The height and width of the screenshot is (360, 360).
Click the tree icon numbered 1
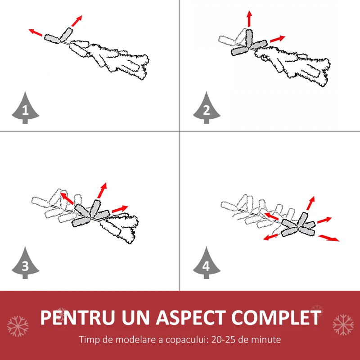tap(25, 108)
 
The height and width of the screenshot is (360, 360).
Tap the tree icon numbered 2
tap(207, 108)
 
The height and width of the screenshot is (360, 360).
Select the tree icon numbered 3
tap(25, 264)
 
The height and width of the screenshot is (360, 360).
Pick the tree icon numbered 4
tap(207, 264)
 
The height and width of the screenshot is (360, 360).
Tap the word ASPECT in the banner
tap(191, 318)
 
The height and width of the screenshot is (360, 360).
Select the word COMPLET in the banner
tap(276, 318)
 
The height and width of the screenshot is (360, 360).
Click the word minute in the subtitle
tap(266, 340)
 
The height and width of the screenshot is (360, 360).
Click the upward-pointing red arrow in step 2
tap(249, 19)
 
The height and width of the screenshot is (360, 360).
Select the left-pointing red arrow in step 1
tap(36, 32)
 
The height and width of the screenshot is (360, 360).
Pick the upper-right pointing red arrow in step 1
tap(76, 21)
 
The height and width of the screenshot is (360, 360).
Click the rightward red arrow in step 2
tap(278, 39)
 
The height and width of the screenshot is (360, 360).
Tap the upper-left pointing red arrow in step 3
tap(67, 198)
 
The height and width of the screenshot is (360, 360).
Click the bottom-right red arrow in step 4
tap(328, 238)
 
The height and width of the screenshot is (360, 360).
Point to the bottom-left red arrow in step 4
tap(270, 237)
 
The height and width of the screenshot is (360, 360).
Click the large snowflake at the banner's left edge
tap(18, 326)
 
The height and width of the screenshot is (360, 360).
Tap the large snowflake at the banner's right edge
tap(343, 325)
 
